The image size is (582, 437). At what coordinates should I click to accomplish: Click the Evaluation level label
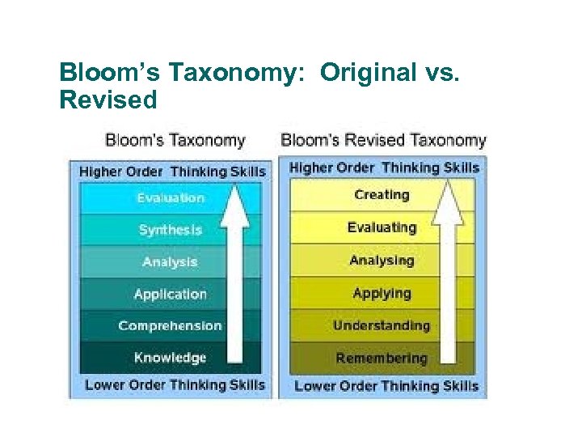coord(170,198)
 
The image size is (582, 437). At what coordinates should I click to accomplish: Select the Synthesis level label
coord(170,230)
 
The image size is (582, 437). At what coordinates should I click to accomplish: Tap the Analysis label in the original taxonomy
coord(170,262)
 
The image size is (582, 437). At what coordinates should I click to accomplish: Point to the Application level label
coord(170,294)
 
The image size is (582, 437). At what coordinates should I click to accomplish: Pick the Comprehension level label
coord(170,326)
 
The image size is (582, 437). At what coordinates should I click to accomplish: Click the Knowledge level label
coord(170,358)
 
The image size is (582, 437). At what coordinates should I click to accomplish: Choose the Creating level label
coord(382,195)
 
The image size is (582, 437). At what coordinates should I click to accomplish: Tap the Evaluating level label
coord(382,227)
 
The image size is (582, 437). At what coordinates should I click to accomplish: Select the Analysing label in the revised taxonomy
coord(382,261)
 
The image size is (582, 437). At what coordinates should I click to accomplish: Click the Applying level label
coord(382,293)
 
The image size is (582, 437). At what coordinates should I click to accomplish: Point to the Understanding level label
coord(382,326)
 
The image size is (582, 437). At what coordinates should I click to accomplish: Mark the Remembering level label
coord(382,359)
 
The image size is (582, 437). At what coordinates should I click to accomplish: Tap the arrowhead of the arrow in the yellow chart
coord(449,202)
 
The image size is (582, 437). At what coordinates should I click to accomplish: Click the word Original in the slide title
coord(366,73)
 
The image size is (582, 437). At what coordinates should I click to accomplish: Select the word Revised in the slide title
coord(108,100)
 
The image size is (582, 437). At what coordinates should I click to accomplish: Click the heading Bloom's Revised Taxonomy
coord(383,140)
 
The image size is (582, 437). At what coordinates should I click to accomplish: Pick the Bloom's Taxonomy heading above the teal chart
coord(175,140)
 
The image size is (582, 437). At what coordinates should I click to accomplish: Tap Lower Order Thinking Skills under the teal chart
coord(175,385)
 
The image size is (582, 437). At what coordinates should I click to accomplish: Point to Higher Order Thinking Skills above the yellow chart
coord(384,168)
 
